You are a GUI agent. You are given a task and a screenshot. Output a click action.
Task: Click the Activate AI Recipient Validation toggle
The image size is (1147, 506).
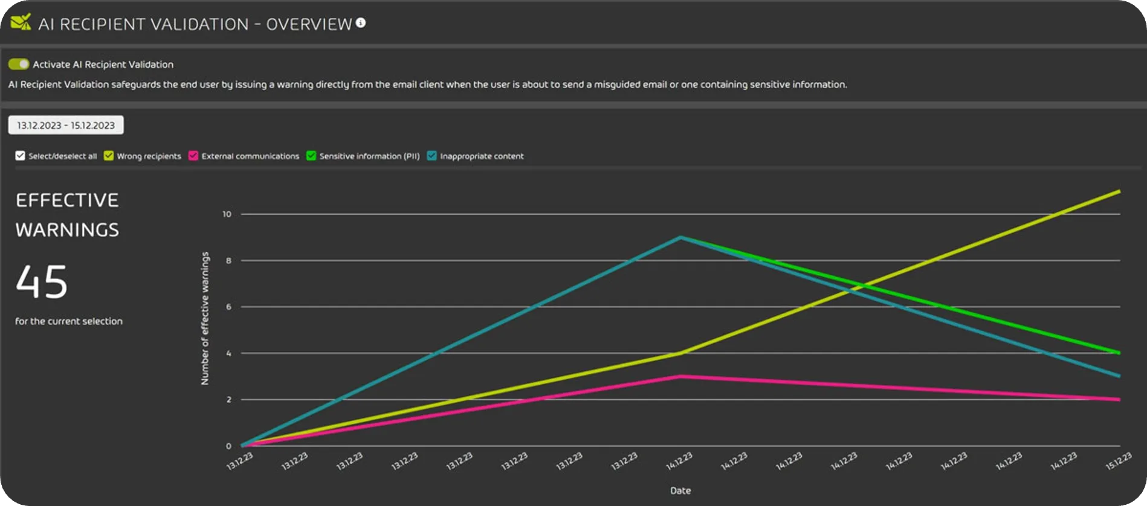[x=19, y=64]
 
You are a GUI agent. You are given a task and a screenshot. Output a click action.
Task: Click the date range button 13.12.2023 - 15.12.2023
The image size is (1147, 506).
[x=66, y=125]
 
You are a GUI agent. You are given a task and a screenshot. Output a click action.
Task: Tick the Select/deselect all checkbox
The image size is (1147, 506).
[x=21, y=156]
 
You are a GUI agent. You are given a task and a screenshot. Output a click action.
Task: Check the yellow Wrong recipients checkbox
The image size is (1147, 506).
[x=109, y=156]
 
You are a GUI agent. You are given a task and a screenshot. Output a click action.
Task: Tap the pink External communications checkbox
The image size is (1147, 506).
[x=193, y=156]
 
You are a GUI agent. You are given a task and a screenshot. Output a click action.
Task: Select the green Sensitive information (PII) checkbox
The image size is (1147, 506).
[x=311, y=156]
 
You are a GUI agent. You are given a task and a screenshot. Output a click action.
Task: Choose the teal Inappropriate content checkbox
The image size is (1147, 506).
[x=431, y=156]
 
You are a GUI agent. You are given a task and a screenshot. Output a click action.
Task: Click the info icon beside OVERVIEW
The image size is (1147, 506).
[x=361, y=23]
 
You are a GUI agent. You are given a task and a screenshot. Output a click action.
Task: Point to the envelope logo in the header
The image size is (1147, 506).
[x=21, y=23]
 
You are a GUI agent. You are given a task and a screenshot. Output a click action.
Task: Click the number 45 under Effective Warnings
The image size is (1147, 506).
[x=42, y=282]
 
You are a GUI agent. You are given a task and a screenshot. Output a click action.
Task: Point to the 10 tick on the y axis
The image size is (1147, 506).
[x=227, y=214]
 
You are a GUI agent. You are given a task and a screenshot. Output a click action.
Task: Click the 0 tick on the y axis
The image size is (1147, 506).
[x=228, y=446]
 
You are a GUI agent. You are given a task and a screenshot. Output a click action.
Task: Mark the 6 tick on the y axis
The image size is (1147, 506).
[x=228, y=307]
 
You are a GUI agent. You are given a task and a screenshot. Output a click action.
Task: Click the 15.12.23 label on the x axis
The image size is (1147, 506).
[x=1118, y=461]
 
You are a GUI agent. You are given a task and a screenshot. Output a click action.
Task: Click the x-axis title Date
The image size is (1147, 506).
[x=680, y=490]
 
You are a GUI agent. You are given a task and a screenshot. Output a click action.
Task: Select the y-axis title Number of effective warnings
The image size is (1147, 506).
[x=205, y=318]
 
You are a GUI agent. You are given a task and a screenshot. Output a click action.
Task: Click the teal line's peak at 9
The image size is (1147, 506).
[x=681, y=237]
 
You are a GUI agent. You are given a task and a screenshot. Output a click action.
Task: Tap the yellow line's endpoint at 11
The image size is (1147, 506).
[x=1119, y=191]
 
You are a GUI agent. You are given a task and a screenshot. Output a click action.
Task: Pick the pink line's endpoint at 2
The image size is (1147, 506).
[x=1119, y=399]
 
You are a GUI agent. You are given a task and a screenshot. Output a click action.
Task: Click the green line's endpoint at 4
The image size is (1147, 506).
[x=1119, y=353]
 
